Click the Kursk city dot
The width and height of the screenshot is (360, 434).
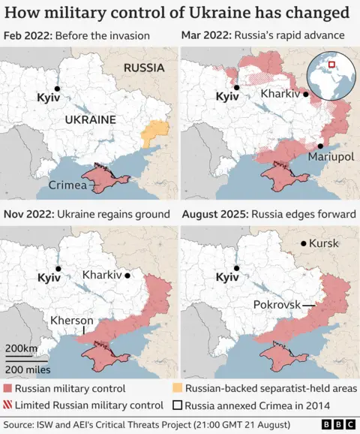pos(303,243)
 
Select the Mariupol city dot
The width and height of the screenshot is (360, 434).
pos(320,146)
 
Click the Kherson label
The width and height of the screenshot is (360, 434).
pos(71,320)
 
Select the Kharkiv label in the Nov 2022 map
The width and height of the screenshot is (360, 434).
pos(102,275)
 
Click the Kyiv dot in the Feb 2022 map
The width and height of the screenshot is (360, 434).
pos(57,89)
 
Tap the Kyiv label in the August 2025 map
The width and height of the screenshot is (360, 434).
pos(226,278)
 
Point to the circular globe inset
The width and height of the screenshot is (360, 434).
pos(331,77)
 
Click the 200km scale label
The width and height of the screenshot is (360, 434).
pos(21,348)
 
